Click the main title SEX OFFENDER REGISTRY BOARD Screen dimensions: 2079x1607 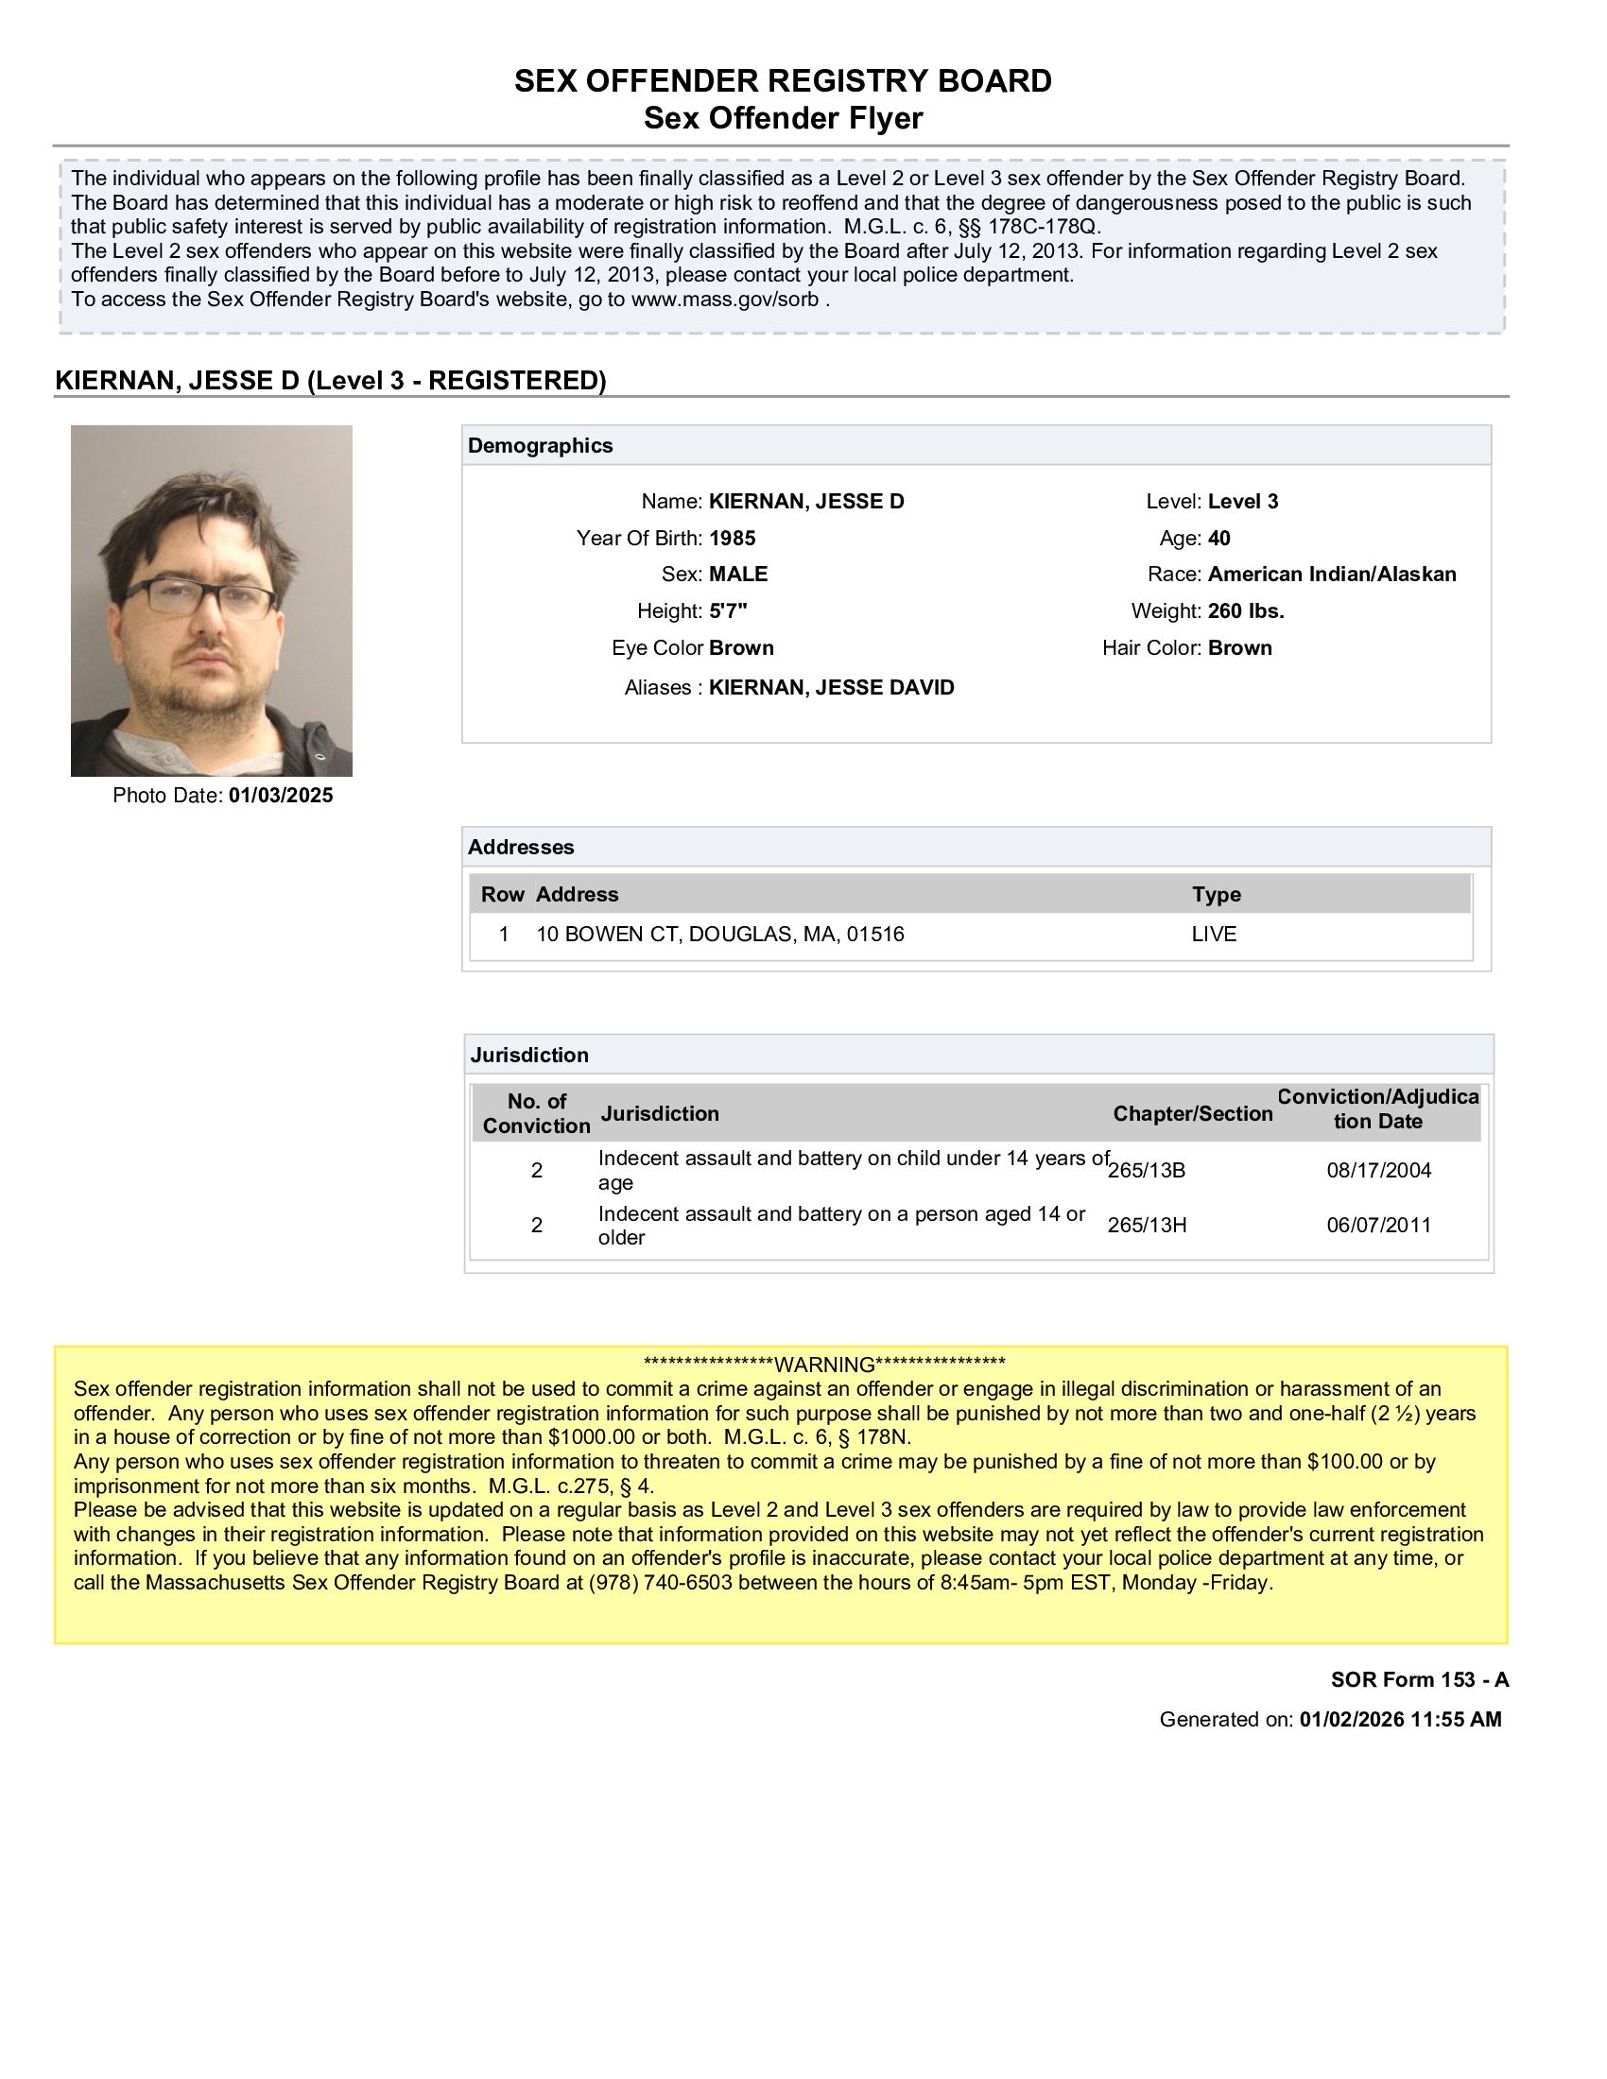(783, 81)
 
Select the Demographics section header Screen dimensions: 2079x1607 (540, 445)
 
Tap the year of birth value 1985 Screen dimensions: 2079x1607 (732, 539)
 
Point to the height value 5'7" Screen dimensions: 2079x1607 (728, 611)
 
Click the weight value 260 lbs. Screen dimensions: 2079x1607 (1245, 611)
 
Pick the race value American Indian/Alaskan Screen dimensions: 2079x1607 (1331, 574)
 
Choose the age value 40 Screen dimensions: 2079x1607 (1218, 539)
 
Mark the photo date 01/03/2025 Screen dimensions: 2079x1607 (280, 796)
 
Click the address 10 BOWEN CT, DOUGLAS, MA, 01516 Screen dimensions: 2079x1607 (719, 934)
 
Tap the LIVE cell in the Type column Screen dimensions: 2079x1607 (1214, 934)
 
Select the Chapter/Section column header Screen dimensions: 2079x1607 (1192, 1114)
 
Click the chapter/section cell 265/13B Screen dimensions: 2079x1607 (1147, 1170)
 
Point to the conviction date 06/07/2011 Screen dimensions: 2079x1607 (1378, 1225)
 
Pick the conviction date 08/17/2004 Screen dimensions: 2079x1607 (1378, 1170)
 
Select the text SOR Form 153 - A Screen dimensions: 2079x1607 (1419, 1679)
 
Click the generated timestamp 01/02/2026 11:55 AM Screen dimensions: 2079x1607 (1399, 1719)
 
